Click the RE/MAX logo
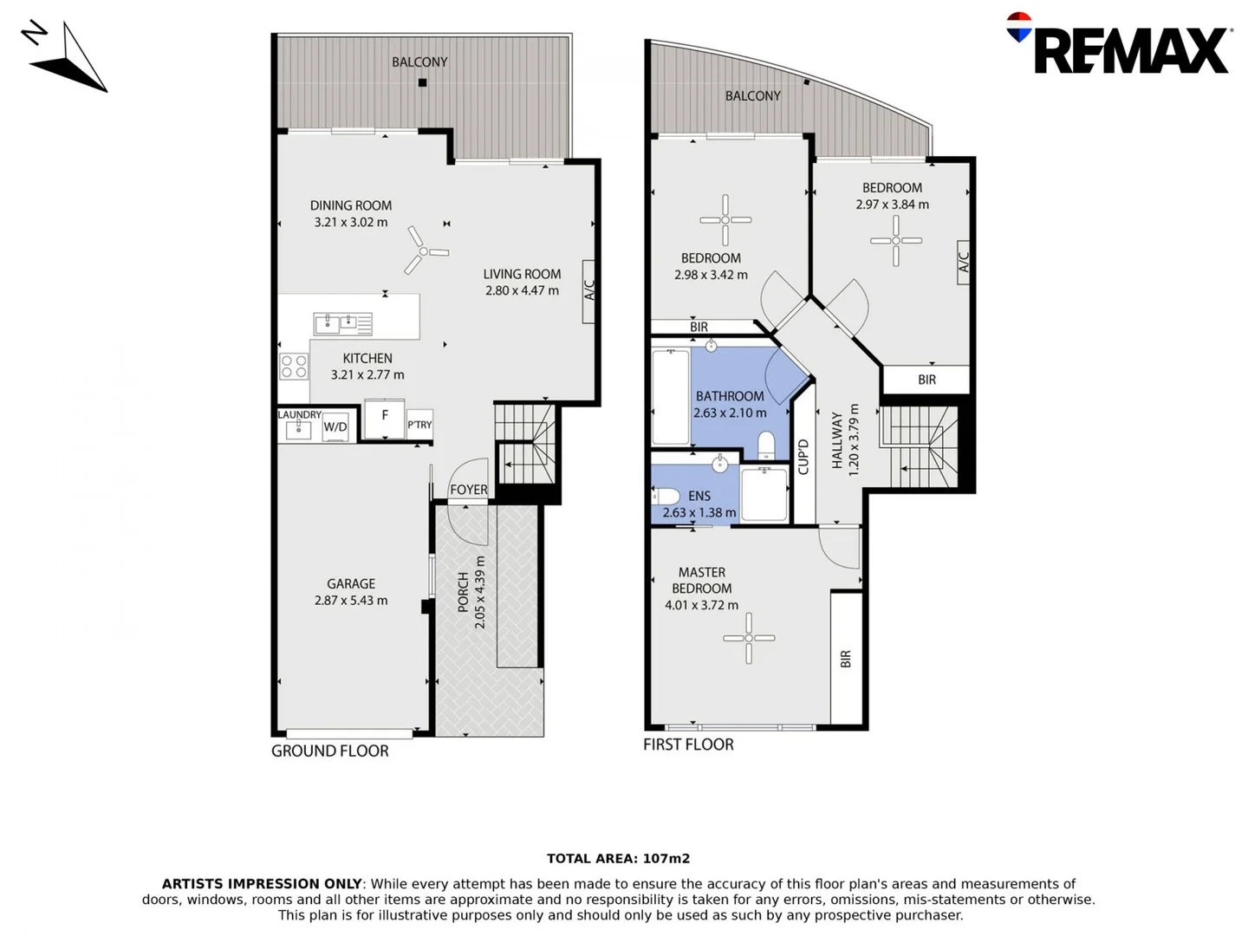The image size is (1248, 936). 1120,45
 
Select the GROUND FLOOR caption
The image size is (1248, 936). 329,751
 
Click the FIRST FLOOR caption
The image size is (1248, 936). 688,744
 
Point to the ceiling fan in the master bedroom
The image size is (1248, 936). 749,639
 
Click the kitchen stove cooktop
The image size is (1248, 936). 294,367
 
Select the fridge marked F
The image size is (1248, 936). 384,419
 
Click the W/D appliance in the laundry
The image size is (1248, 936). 335,427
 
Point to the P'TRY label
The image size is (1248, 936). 419,425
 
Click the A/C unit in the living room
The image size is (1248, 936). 589,291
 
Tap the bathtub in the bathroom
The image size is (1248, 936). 670,395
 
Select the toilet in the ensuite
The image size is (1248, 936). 666,497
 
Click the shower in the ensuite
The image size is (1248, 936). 764,494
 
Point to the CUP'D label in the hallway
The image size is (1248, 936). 803,457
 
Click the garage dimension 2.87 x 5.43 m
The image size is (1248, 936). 351,601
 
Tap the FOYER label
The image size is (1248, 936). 468,490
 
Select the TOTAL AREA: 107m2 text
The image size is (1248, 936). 618,859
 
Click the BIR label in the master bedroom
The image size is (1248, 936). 846,659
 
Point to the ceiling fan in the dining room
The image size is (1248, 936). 424,251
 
